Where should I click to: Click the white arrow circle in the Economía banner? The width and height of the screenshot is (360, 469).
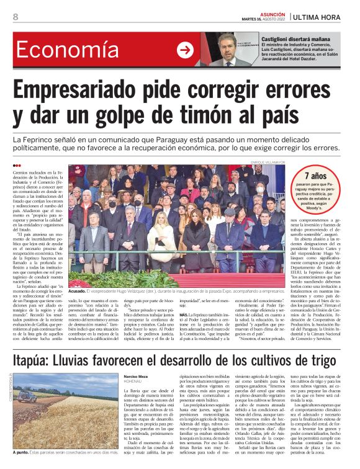pyautogui.click(x=185, y=50)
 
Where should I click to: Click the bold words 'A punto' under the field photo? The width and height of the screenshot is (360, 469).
pyautogui.click(x=22, y=463)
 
